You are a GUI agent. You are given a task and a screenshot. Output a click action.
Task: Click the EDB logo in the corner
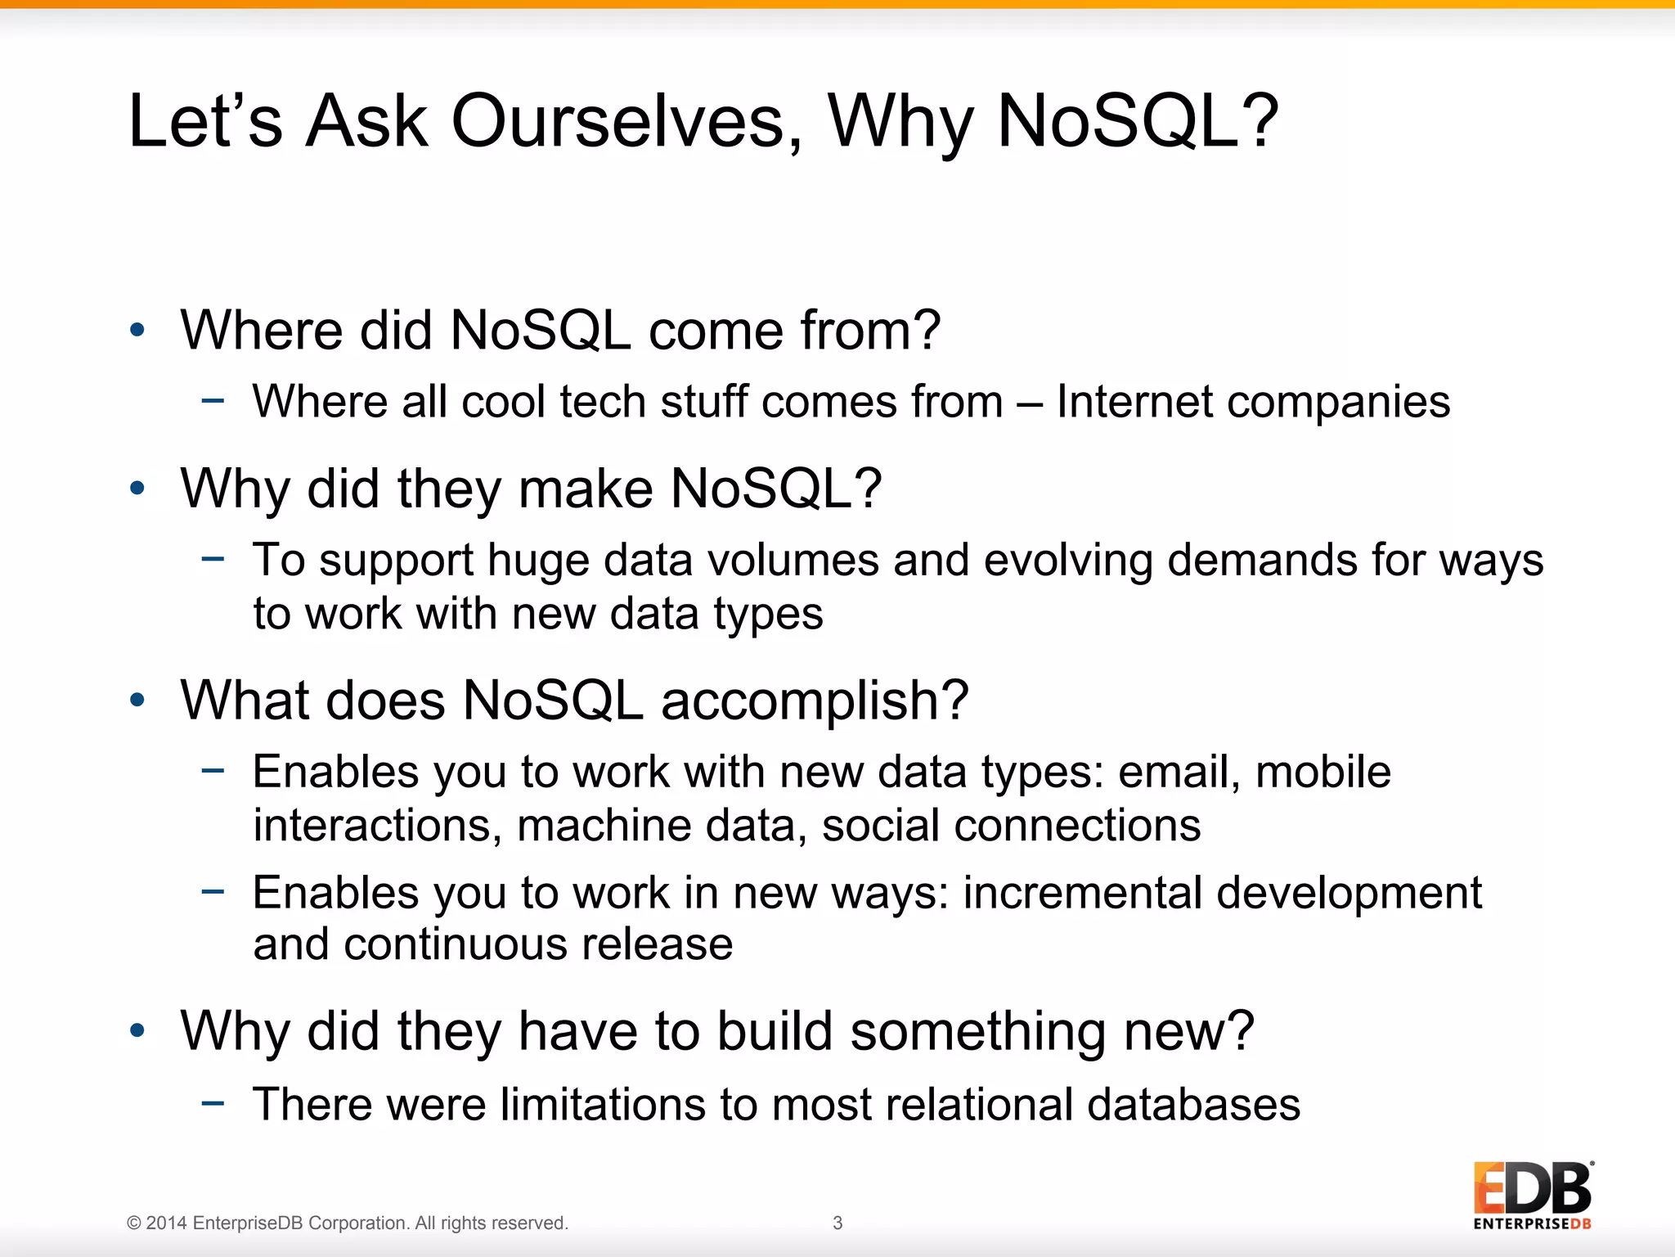[1532, 1194]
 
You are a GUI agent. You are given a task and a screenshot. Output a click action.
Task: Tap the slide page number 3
[837, 1223]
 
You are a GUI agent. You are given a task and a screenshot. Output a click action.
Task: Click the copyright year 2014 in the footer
[167, 1223]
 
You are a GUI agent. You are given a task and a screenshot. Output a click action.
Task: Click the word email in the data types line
[1174, 772]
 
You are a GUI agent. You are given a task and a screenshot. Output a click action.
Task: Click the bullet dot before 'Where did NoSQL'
[137, 330]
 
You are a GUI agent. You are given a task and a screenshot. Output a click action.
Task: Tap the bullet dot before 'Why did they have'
[137, 1030]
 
